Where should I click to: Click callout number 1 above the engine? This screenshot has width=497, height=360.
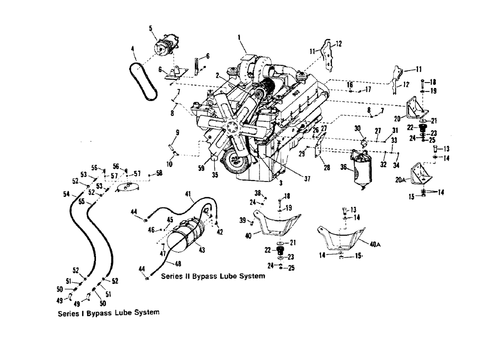pos(239,37)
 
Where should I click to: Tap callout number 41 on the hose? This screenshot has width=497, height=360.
pos(188,194)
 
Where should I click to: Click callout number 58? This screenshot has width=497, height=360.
pos(159,173)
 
